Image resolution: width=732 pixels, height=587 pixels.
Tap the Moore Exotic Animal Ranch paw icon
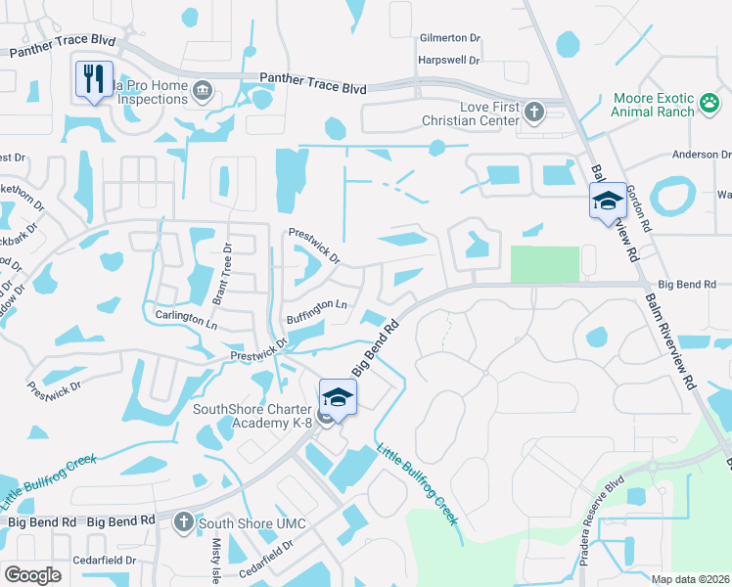pyautogui.click(x=709, y=101)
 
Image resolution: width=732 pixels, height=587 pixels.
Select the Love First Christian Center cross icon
pyautogui.click(x=534, y=112)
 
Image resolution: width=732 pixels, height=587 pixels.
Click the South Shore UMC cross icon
pyautogui.click(x=183, y=522)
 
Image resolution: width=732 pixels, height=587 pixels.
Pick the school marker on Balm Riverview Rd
pyautogui.click(x=607, y=201)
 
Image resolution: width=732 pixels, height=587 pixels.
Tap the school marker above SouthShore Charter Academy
pyautogui.click(x=338, y=396)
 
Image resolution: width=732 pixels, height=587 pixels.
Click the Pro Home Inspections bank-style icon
pyautogui.click(x=203, y=92)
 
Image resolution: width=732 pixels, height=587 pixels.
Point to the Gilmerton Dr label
pyautogui.click(x=450, y=37)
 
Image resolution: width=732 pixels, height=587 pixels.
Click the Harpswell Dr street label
pyautogui.click(x=448, y=60)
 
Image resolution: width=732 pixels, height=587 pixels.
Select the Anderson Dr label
pyautogui.click(x=701, y=155)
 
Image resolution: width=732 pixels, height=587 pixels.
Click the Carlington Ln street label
pyautogui.click(x=186, y=318)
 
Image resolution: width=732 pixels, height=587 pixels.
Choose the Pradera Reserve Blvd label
pyautogui.click(x=615, y=514)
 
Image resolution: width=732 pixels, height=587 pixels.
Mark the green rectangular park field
pyautogui.click(x=544, y=264)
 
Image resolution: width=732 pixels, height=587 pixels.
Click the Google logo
pyautogui.click(x=32, y=575)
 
